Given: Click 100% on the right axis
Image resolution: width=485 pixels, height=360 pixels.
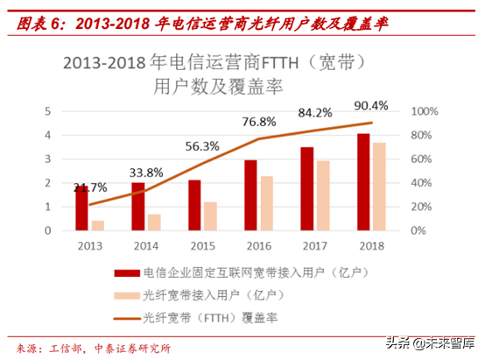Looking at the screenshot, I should tap(424, 112).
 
